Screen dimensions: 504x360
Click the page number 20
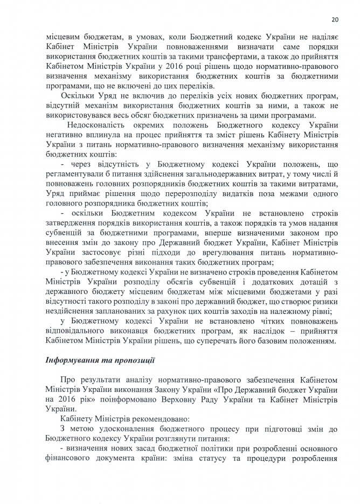tap(334, 20)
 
